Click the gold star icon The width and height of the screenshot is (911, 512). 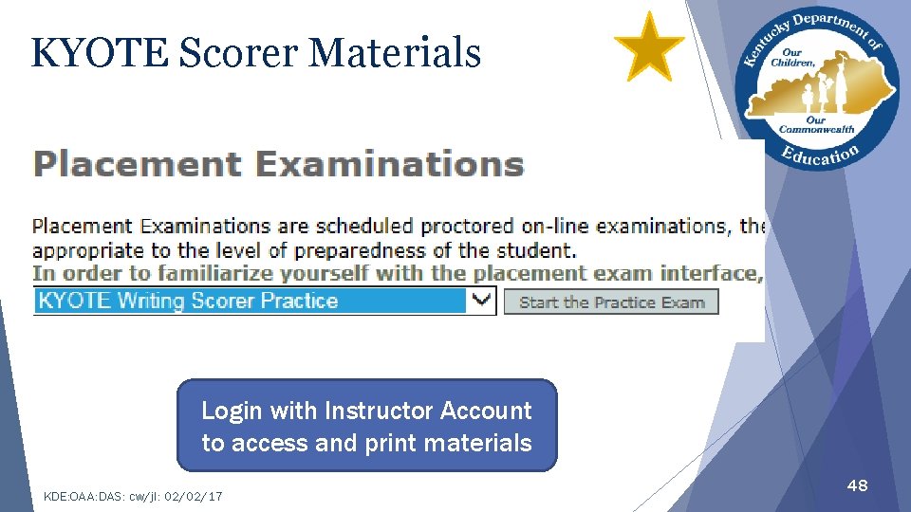[x=649, y=46]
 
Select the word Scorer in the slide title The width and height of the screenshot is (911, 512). [x=237, y=53]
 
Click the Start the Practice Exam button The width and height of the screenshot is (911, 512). [x=611, y=302]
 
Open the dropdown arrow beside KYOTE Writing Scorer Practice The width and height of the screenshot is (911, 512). [x=482, y=301]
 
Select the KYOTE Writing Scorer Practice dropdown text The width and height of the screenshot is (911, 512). [x=188, y=302]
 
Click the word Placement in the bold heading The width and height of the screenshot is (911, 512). [x=136, y=164]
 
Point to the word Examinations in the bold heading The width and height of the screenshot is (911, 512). [x=390, y=164]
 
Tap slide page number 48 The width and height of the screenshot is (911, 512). [x=857, y=485]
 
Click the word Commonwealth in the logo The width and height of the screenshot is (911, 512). [x=816, y=129]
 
